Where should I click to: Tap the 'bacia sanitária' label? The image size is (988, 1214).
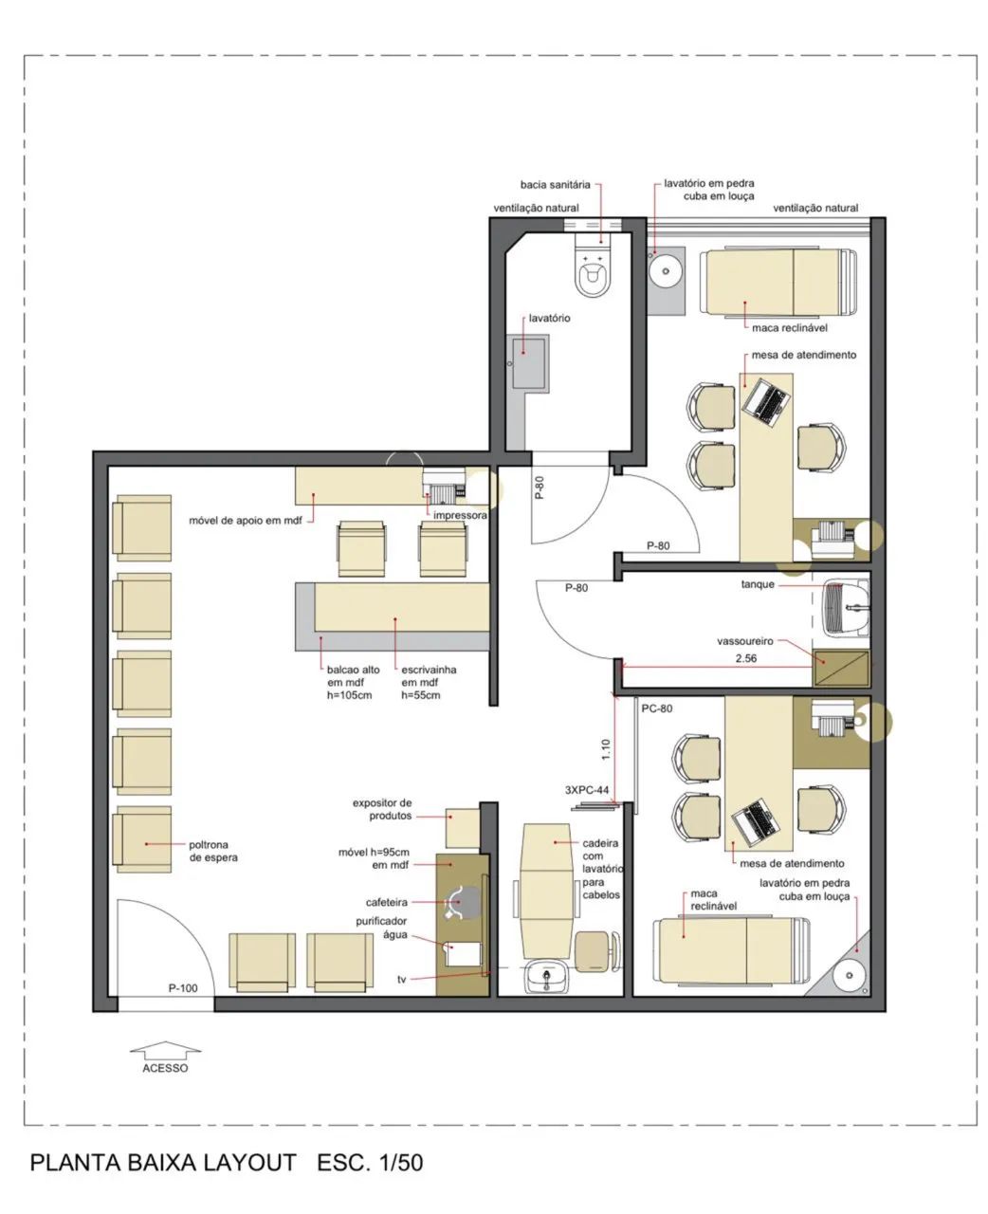(x=555, y=185)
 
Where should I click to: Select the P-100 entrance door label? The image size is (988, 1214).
(x=183, y=987)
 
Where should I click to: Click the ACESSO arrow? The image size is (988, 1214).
(x=165, y=1049)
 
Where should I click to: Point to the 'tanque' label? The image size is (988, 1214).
(x=758, y=584)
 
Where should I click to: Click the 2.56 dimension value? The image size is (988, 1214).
(x=746, y=658)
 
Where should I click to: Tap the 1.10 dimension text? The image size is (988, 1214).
(x=606, y=749)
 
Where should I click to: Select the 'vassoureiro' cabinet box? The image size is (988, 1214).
(x=841, y=668)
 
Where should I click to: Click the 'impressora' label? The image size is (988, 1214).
(x=460, y=515)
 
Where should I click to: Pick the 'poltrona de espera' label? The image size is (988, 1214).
(x=213, y=851)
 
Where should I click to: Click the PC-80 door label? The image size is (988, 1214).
(x=656, y=708)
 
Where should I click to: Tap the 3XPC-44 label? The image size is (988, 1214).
(x=587, y=790)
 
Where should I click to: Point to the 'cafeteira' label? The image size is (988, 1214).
(x=386, y=902)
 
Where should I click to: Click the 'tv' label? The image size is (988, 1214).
(x=402, y=979)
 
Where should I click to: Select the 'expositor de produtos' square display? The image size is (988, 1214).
(x=462, y=828)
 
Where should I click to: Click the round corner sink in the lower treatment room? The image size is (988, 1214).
(x=849, y=975)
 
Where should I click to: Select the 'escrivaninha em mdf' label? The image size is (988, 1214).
(x=429, y=682)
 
